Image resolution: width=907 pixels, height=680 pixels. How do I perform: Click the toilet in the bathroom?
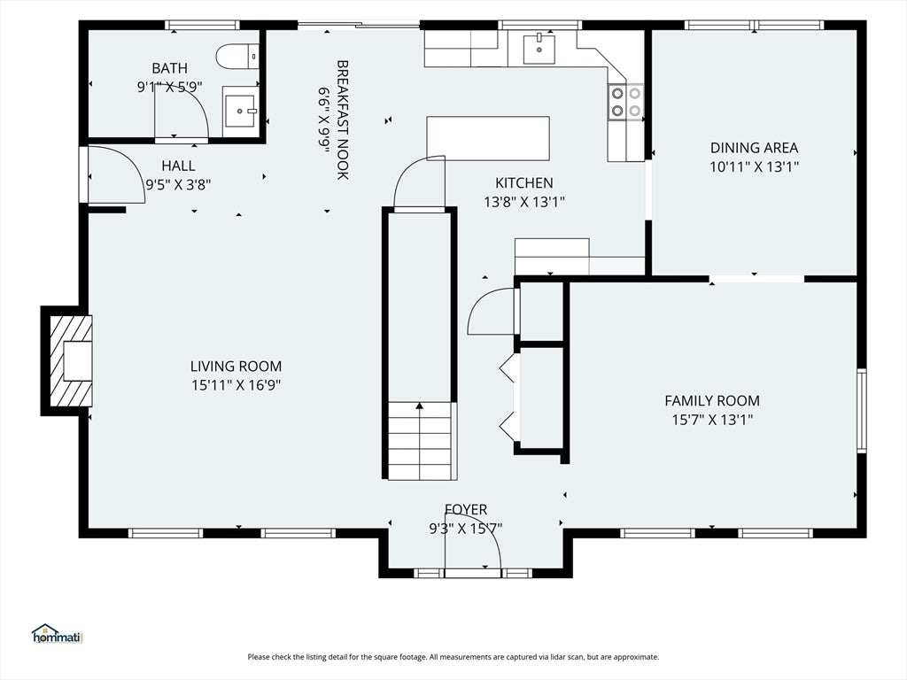237,56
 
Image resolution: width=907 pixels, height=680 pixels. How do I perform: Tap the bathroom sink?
240,111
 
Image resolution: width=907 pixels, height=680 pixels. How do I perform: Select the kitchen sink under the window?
539,49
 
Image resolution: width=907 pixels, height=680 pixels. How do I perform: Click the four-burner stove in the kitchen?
626,102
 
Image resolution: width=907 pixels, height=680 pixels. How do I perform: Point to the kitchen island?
488,138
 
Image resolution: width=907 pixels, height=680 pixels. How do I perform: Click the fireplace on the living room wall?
66,361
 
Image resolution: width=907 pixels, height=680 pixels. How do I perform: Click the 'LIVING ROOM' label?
236,366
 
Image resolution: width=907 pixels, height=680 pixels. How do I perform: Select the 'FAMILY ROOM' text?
712,401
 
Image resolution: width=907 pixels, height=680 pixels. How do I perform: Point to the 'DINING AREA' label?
755,148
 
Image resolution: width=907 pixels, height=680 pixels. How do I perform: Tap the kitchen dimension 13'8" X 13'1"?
524,202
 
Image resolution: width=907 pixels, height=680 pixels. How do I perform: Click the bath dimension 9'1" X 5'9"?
169,88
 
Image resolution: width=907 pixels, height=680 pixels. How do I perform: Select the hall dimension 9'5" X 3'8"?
178,185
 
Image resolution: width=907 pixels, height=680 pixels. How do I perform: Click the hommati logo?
58,634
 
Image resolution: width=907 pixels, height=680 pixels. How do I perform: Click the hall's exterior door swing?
115,174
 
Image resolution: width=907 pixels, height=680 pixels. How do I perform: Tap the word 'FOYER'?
466,509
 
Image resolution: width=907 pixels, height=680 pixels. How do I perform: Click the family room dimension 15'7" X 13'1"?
712,420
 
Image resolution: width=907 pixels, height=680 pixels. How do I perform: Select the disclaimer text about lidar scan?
453,657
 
